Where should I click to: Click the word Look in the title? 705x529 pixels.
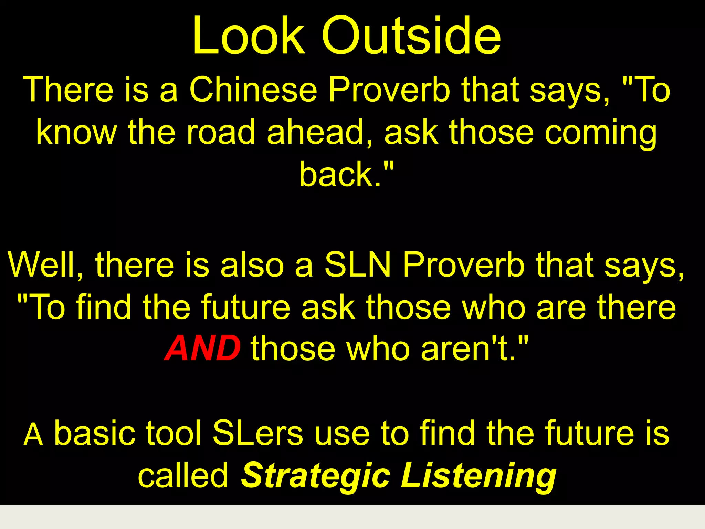pos(249,36)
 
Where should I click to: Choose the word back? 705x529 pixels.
pos(339,175)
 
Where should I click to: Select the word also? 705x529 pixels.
pos(252,265)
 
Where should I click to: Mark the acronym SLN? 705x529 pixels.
pos(358,265)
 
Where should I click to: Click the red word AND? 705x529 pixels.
pos(202,349)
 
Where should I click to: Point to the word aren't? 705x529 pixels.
pos(468,349)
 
